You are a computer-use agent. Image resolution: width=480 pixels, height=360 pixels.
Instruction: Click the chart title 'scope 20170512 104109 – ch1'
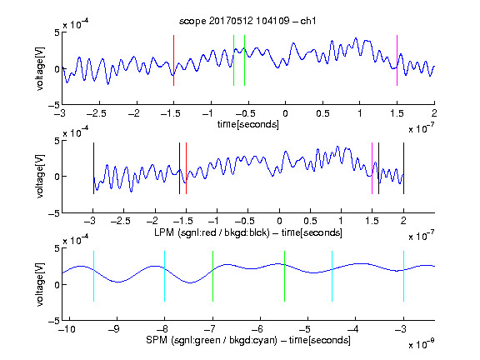pos(247,21)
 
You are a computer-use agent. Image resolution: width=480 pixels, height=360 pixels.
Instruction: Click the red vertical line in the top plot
pos(173,60)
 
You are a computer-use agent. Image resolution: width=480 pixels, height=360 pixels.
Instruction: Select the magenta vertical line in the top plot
pos(397,60)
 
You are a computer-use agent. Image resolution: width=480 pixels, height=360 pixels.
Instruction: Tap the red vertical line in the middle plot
pos(186,168)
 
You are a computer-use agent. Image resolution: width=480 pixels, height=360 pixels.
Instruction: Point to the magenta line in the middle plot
pos(372,168)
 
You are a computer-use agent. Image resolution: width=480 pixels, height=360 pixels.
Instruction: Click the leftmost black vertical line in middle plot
pos(93,168)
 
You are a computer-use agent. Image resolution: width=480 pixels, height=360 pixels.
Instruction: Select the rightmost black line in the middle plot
pos(403,168)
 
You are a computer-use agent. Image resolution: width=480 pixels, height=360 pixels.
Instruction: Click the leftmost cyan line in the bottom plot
pos(93,276)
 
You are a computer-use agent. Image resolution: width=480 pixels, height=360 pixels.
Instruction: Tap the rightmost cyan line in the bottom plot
pos(403,276)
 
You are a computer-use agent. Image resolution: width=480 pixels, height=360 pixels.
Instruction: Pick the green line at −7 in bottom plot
pos(212,276)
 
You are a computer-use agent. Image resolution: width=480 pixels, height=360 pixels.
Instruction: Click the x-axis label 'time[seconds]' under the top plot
pos(248,124)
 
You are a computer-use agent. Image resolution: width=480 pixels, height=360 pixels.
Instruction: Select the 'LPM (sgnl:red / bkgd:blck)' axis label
pos(212,232)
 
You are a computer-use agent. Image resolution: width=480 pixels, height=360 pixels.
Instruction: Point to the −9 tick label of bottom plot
pos(114,329)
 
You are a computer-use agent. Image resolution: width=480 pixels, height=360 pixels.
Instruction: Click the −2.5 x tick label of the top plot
pos(96,113)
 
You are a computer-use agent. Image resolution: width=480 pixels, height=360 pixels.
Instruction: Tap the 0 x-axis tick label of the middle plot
pos(279,221)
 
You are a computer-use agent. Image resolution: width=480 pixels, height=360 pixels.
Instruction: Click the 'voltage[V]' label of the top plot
pos(40,68)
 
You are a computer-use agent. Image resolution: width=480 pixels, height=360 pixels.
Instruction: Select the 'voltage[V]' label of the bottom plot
pos(40,284)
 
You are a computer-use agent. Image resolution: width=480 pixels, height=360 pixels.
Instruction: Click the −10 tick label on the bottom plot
pos(67,329)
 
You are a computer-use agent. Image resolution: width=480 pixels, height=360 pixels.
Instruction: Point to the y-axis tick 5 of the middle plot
pos(57,141)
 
